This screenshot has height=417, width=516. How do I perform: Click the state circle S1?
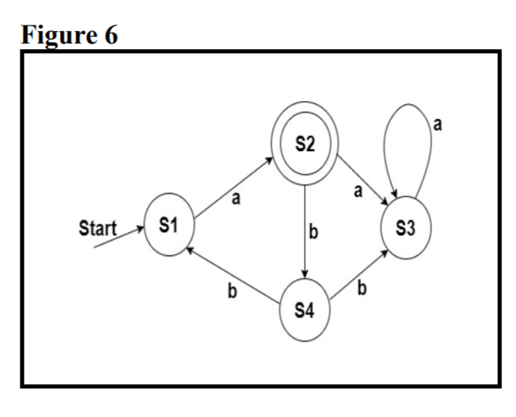coord(168,227)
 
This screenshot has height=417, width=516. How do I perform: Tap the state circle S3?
coord(404,227)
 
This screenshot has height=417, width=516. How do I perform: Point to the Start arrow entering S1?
coord(119,241)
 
